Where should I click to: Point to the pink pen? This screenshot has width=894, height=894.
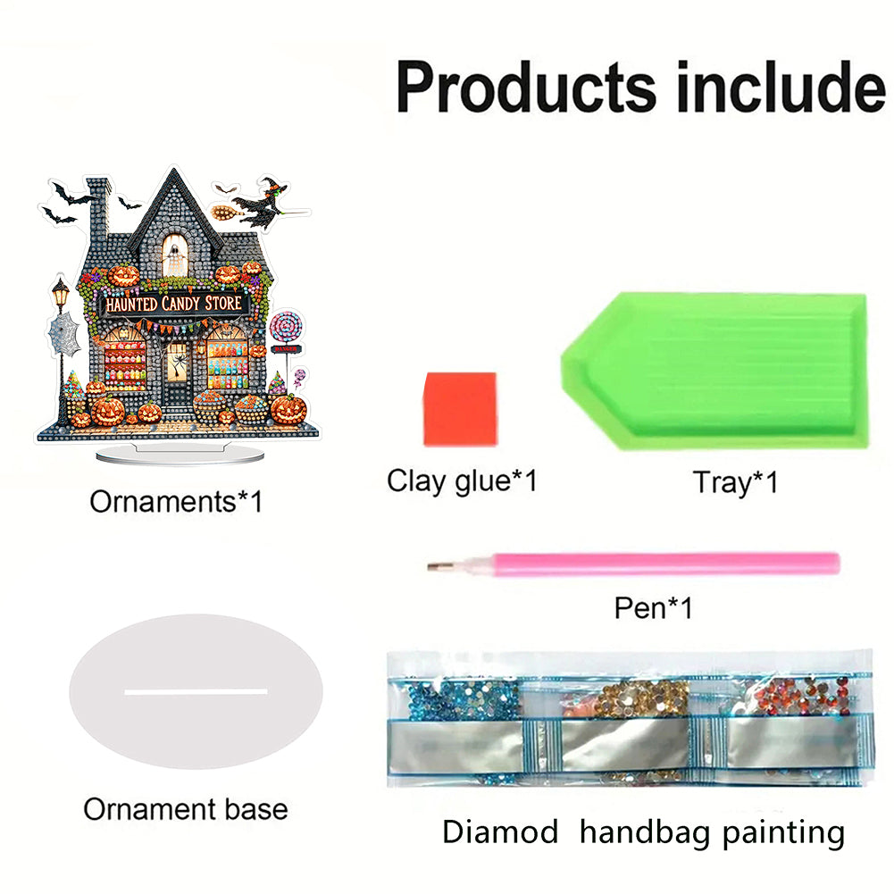coord(661,564)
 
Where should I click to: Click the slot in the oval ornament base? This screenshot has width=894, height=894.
coord(196,691)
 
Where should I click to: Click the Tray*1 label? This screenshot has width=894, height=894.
coord(735,482)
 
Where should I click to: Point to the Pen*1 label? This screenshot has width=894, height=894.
coord(653,608)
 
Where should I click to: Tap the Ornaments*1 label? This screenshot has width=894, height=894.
coord(177,501)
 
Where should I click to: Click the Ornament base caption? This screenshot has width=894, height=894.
coord(186,809)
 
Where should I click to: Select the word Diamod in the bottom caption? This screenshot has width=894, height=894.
coord(500,832)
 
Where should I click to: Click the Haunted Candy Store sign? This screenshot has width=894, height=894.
coord(173,305)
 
